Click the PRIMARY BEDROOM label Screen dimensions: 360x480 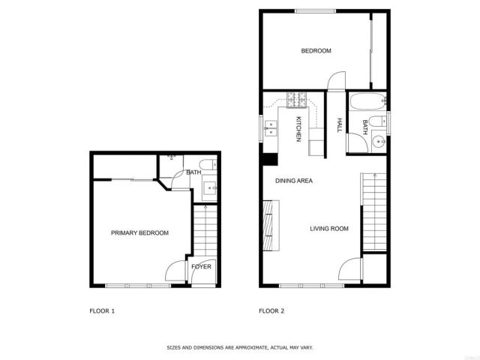[x=139, y=233]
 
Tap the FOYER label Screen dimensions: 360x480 [x=201, y=267]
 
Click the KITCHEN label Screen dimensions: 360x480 [x=298, y=129]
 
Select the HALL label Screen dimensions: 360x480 [x=340, y=125]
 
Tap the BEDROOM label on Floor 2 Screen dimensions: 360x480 [x=316, y=51]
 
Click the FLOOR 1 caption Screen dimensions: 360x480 [x=102, y=310]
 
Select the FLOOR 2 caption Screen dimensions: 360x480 [x=271, y=310]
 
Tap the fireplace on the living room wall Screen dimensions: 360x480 [x=268, y=225]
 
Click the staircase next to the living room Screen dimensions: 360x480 [x=372, y=212]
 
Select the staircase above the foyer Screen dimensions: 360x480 [x=202, y=231]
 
